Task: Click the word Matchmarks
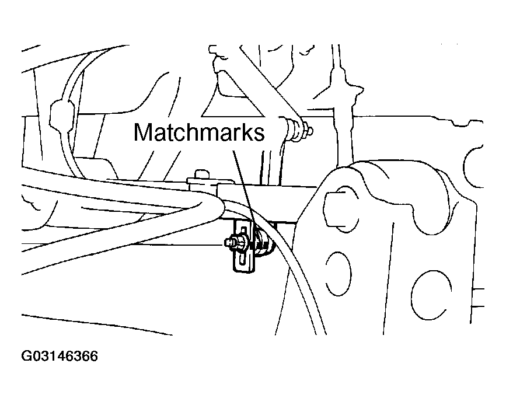(x=199, y=132)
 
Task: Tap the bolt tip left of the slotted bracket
(x=226, y=241)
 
